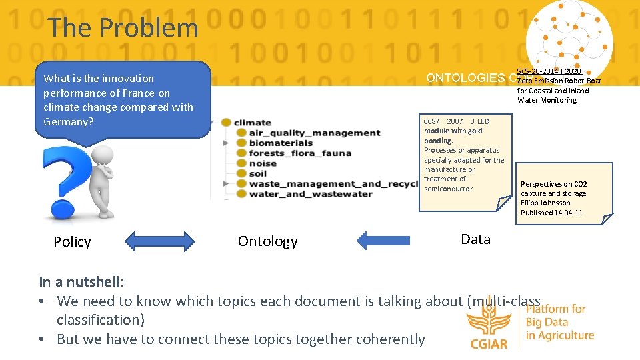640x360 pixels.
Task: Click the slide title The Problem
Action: [123, 28]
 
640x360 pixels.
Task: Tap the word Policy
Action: [72, 242]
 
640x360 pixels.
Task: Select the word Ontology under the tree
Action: [267, 241]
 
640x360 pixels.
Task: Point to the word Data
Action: [475, 239]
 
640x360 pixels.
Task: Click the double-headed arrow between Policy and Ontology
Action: [161, 240]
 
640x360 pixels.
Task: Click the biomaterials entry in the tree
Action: [280, 143]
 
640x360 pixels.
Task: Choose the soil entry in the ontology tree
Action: [257, 173]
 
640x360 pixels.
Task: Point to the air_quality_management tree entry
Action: [314, 133]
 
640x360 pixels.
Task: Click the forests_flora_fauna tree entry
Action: [299, 153]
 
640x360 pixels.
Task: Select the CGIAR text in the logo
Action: [489, 344]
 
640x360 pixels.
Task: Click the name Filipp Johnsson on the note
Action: [545, 203]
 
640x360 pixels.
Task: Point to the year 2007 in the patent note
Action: [455, 121]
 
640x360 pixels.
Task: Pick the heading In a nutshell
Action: [81, 282]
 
